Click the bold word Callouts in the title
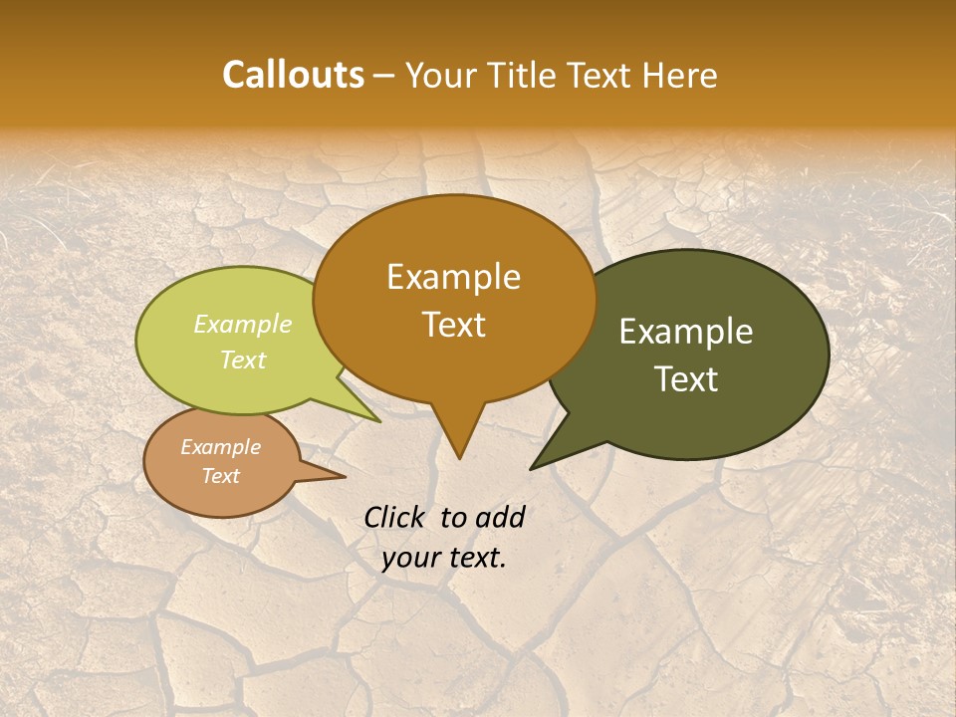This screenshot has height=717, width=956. (293, 75)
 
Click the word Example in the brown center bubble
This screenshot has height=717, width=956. (453, 277)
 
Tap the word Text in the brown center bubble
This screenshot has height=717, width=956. (453, 325)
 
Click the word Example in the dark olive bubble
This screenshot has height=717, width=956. (686, 332)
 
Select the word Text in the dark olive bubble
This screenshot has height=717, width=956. (686, 379)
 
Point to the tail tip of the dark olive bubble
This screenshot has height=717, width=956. (535, 465)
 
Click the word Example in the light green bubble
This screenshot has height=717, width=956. (242, 324)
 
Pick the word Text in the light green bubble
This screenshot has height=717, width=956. (242, 359)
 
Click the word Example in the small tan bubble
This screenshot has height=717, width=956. (220, 447)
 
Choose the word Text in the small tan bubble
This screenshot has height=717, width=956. (220, 476)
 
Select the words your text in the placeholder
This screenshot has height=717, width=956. (444, 558)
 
